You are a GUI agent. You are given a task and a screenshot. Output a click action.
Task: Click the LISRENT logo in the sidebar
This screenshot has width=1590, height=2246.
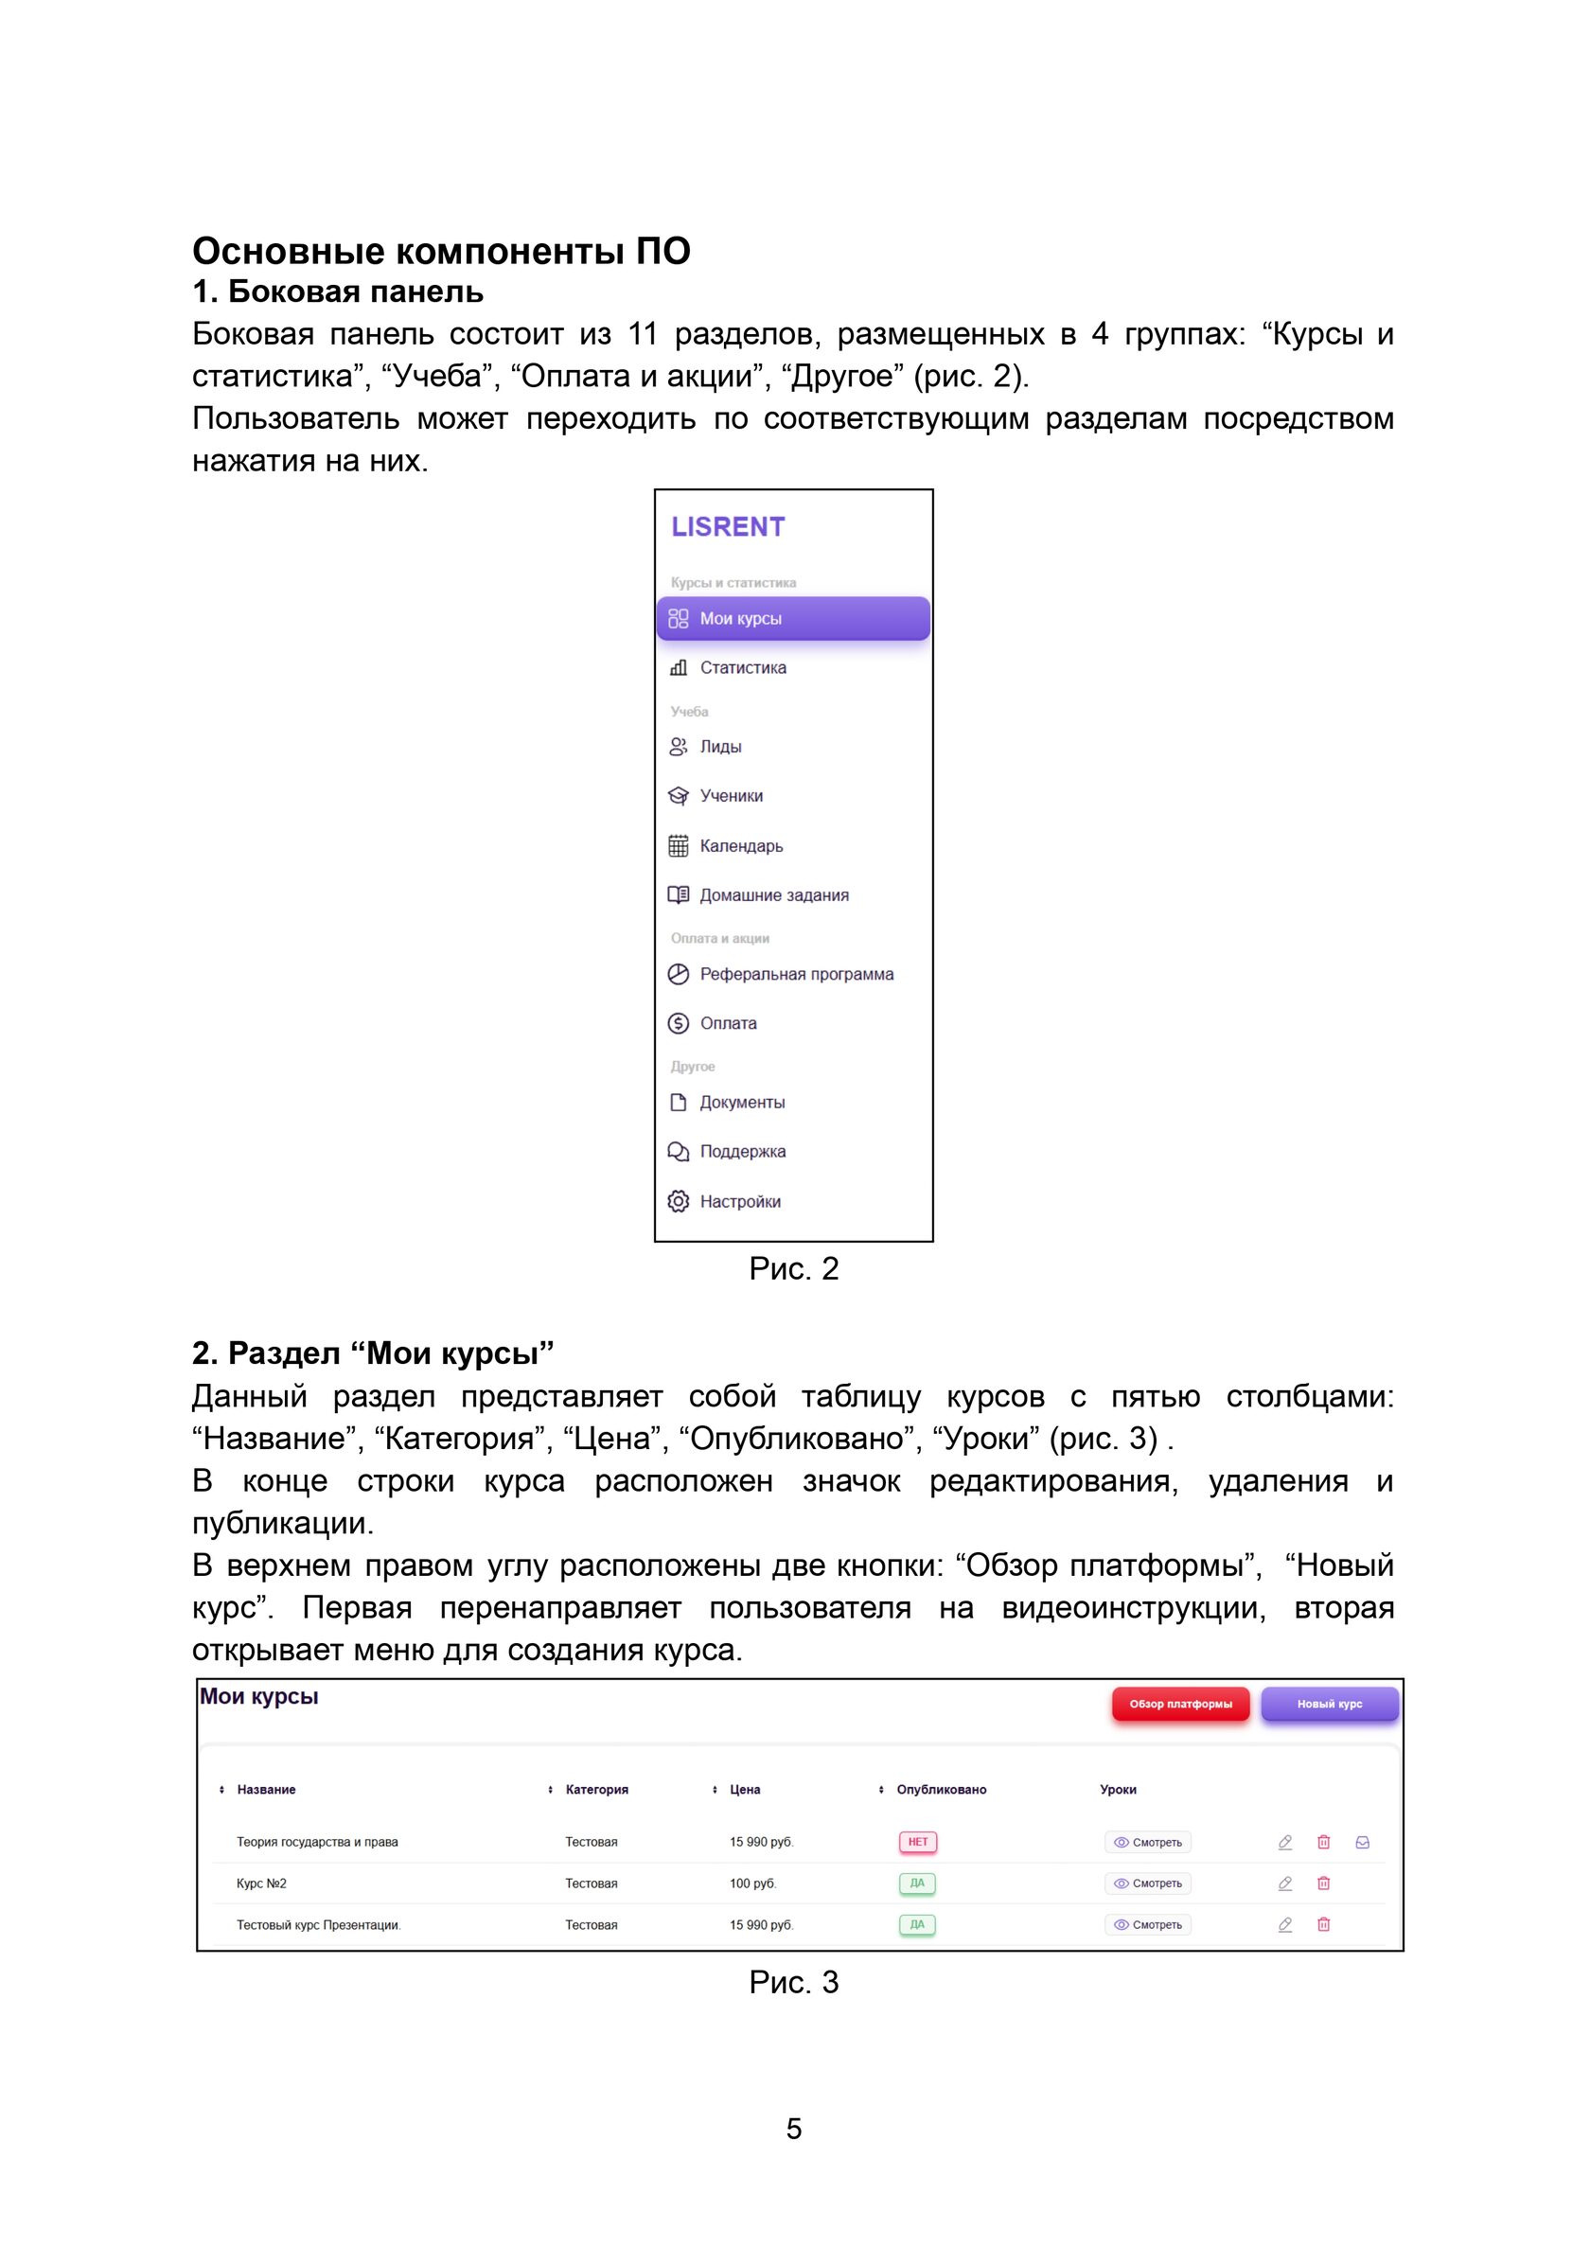pyautogui.click(x=728, y=527)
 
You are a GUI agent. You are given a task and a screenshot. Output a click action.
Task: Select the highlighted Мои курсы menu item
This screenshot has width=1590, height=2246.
pyautogui.click(x=793, y=619)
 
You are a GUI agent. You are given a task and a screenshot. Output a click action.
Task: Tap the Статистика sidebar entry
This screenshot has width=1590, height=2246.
pyautogui.click(x=742, y=667)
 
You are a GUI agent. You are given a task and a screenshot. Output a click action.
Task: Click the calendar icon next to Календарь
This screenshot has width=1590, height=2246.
pyautogui.click(x=678, y=846)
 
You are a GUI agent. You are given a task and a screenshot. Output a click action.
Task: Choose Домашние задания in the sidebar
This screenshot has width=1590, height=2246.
pyautogui.click(x=773, y=894)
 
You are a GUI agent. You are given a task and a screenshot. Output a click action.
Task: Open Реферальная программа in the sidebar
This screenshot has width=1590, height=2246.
pyautogui.click(x=796, y=974)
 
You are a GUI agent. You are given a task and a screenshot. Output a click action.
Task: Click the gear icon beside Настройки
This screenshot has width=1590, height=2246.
pyautogui.click(x=678, y=1201)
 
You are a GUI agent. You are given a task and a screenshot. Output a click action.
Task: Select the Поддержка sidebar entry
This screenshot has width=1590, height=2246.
pyautogui.click(x=742, y=1151)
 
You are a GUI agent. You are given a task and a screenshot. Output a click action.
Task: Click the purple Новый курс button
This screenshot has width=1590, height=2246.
pyautogui.click(x=1329, y=1704)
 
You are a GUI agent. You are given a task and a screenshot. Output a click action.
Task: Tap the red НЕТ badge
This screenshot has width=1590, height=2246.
pyautogui.click(x=917, y=1842)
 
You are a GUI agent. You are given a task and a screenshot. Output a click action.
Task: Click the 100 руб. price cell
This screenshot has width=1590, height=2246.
pyautogui.click(x=751, y=1883)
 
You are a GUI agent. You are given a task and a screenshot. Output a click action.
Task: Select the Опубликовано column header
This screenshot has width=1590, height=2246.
pyautogui.click(x=941, y=1789)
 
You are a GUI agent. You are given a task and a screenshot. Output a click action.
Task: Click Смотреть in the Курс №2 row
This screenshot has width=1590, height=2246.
pyautogui.click(x=1147, y=1883)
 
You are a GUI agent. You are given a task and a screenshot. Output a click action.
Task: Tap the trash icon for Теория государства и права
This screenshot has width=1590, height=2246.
pyautogui.click(x=1323, y=1842)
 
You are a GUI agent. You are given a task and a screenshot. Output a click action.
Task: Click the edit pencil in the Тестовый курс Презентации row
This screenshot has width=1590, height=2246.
pyautogui.click(x=1284, y=1924)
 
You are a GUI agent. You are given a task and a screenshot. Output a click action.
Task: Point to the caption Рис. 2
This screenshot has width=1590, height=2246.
pyautogui.click(x=793, y=1269)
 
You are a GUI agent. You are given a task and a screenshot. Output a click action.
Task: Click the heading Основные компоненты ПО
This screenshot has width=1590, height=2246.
pyautogui.click(x=441, y=252)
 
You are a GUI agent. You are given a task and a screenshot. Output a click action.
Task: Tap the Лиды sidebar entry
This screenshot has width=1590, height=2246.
pyautogui.click(x=720, y=747)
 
